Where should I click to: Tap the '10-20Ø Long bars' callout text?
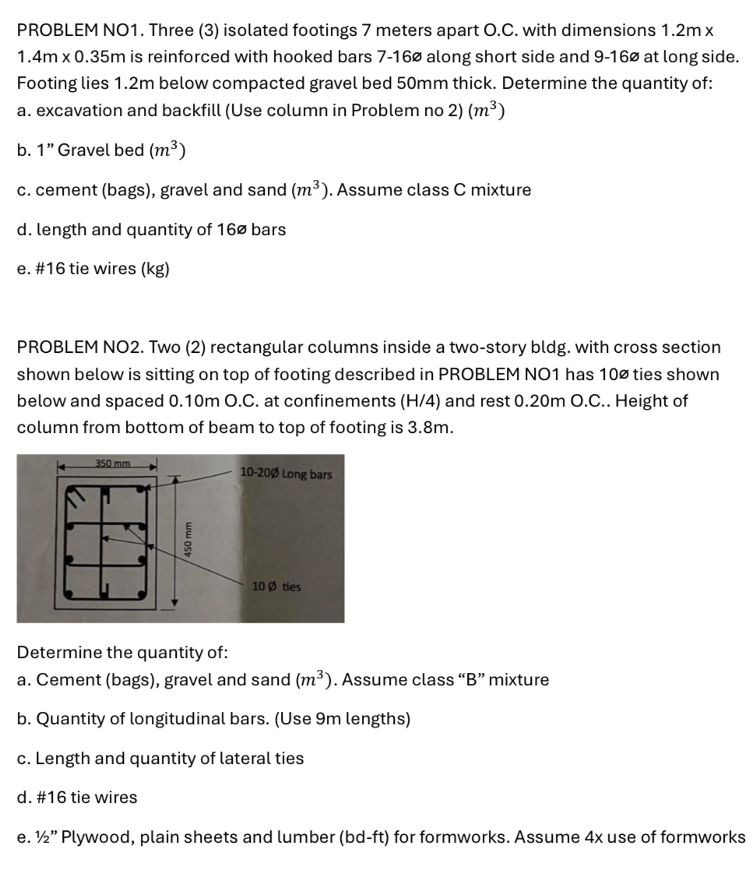coord(286,474)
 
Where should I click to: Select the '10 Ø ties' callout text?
coord(276,586)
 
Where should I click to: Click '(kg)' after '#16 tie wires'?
coord(155,269)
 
